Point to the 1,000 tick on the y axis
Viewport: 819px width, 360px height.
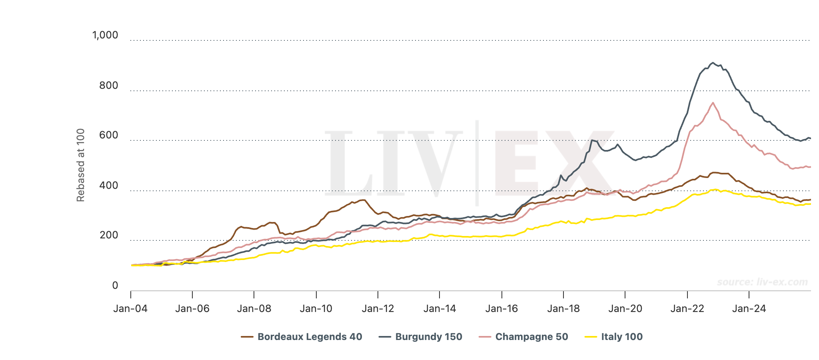tap(105, 35)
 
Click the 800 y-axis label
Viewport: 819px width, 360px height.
tap(109, 85)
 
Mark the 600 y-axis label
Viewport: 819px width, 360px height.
tap(109, 135)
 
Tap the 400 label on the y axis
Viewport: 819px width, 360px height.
tap(109, 185)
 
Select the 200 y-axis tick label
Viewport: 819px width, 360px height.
tap(109, 235)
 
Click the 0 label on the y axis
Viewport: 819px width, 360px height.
tap(115, 285)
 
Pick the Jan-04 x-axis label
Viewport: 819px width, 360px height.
tap(130, 308)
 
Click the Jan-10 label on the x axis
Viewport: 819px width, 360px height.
tap(316, 308)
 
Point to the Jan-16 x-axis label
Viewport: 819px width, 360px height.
tap(501, 308)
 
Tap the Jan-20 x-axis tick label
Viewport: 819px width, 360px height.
tap(625, 308)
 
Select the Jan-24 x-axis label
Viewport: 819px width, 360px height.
tap(749, 308)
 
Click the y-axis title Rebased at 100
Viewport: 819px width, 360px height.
tap(81, 165)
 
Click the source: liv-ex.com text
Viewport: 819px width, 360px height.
tap(762, 282)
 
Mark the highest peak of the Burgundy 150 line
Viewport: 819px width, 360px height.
tap(713, 63)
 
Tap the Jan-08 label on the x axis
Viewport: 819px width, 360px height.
tap(254, 308)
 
